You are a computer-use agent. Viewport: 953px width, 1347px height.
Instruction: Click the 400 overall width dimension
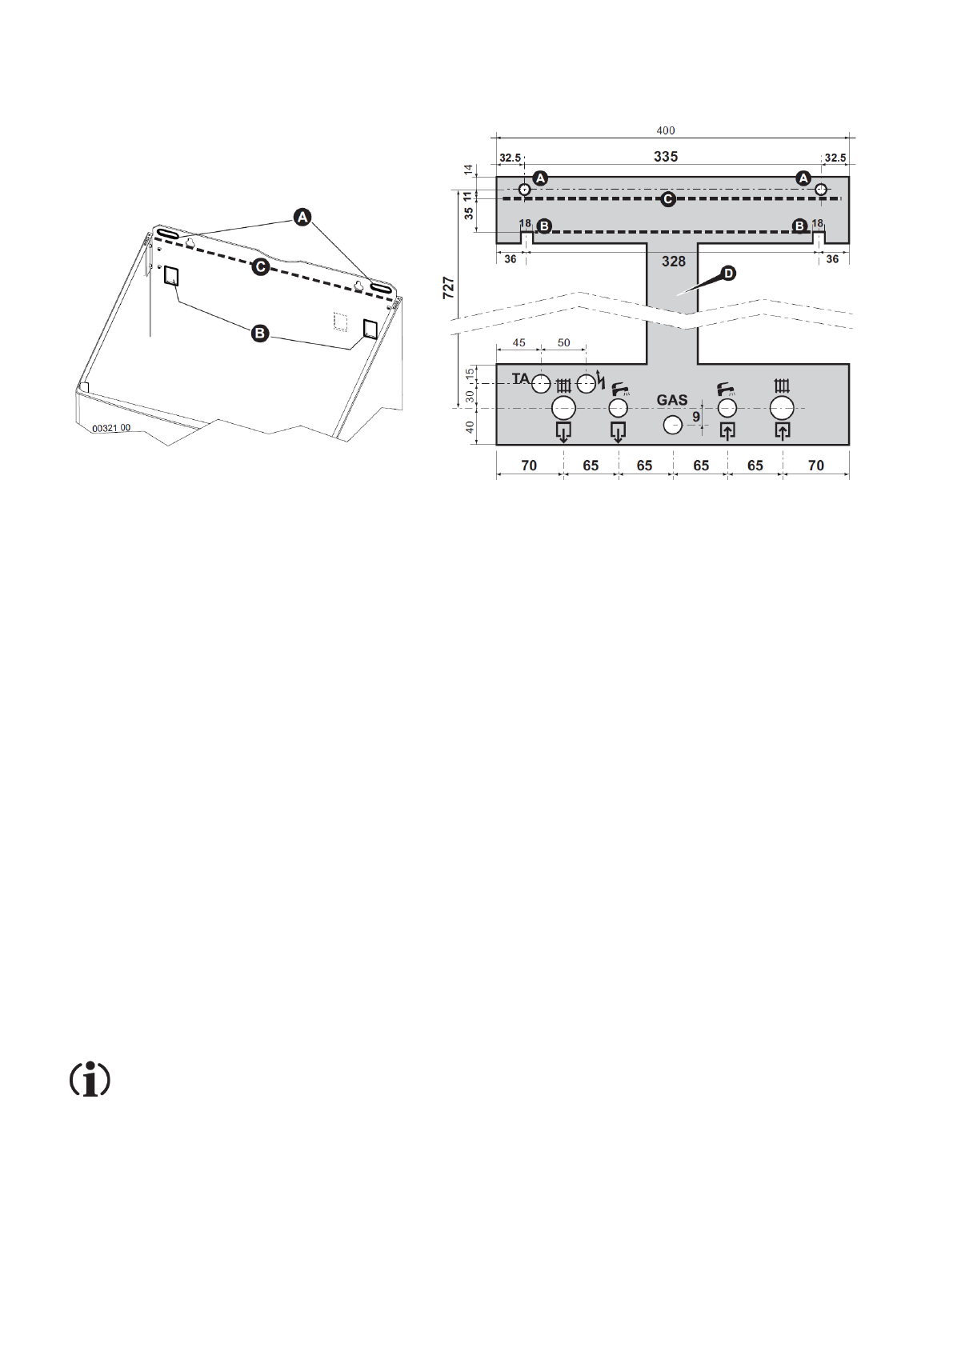[665, 130]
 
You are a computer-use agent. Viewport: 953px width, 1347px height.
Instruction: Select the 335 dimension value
[665, 157]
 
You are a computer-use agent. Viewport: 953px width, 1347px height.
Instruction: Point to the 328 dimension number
[673, 261]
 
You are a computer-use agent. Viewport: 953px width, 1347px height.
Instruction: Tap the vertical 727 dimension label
[449, 288]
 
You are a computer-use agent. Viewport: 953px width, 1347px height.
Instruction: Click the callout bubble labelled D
[727, 274]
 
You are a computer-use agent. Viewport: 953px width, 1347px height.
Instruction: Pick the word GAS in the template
[671, 400]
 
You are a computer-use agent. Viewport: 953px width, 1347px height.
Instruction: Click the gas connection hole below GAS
[673, 425]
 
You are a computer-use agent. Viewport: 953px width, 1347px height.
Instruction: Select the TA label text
[521, 378]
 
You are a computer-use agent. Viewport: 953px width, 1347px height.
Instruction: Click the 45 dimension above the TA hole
[519, 342]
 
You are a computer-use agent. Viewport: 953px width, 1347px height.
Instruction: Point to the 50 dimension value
[563, 342]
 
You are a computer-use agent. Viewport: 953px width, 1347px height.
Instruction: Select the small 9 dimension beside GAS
[696, 417]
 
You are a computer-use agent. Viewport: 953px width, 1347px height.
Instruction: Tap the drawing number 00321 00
[111, 429]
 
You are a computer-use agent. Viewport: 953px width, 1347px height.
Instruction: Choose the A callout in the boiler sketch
[302, 216]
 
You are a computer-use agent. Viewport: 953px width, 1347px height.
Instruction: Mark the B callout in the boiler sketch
[260, 333]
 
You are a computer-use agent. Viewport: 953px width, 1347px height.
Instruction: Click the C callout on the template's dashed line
[668, 198]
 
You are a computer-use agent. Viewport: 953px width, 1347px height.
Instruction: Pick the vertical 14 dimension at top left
[469, 170]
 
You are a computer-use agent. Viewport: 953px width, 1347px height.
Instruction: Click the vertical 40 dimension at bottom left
[470, 427]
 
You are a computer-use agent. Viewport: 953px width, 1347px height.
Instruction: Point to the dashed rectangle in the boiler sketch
[340, 322]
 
